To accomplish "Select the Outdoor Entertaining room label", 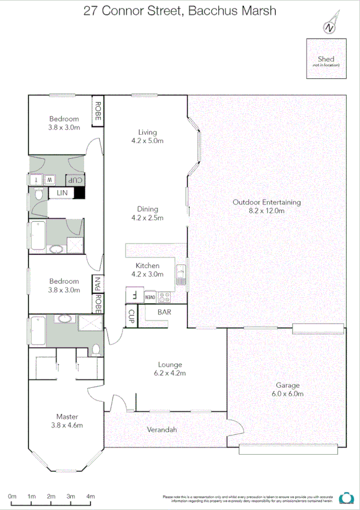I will click(x=267, y=206).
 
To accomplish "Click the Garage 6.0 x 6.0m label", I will click(x=287, y=389).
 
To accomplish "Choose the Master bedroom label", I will click(x=67, y=420).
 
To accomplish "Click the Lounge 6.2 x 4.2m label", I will click(x=170, y=368).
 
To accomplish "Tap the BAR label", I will click(x=164, y=312).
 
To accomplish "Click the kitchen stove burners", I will click(x=165, y=296).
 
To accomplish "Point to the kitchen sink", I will click(x=180, y=277).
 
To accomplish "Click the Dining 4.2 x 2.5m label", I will click(x=147, y=213).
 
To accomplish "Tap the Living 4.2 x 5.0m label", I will click(x=147, y=136).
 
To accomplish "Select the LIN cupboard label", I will click(x=62, y=192).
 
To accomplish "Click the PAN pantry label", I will click(x=96, y=283).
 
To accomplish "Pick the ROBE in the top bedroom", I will click(x=96, y=111).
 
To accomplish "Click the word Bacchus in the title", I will click(x=215, y=10).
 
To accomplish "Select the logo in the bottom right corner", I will click(x=346, y=497).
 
